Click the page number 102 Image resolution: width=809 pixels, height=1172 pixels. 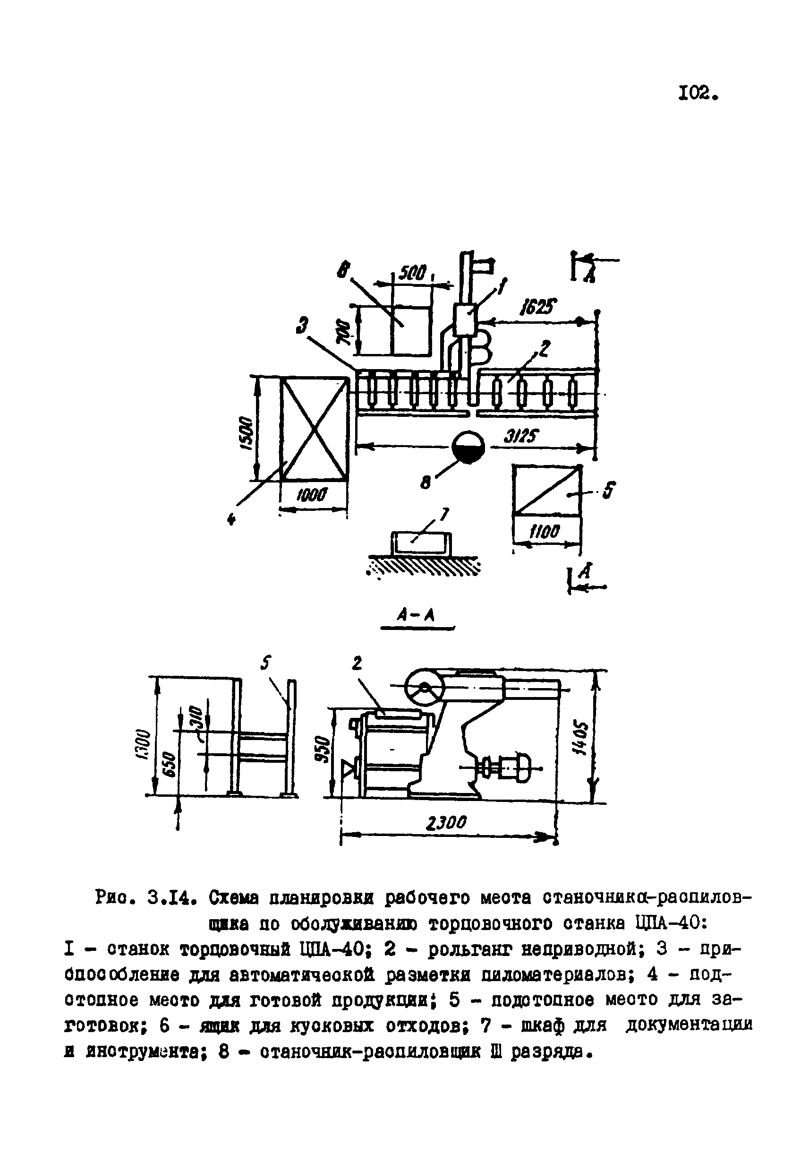(x=698, y=93)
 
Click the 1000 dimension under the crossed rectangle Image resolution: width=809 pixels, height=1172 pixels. (x=312, y=494)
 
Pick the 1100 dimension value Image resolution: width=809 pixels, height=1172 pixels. (x=545, y=531)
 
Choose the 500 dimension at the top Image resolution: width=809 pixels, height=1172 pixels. (x=413, y=274)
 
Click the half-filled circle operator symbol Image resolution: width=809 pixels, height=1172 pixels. (x=468, y=447)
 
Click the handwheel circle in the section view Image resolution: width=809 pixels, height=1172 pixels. (x=424, y=689)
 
